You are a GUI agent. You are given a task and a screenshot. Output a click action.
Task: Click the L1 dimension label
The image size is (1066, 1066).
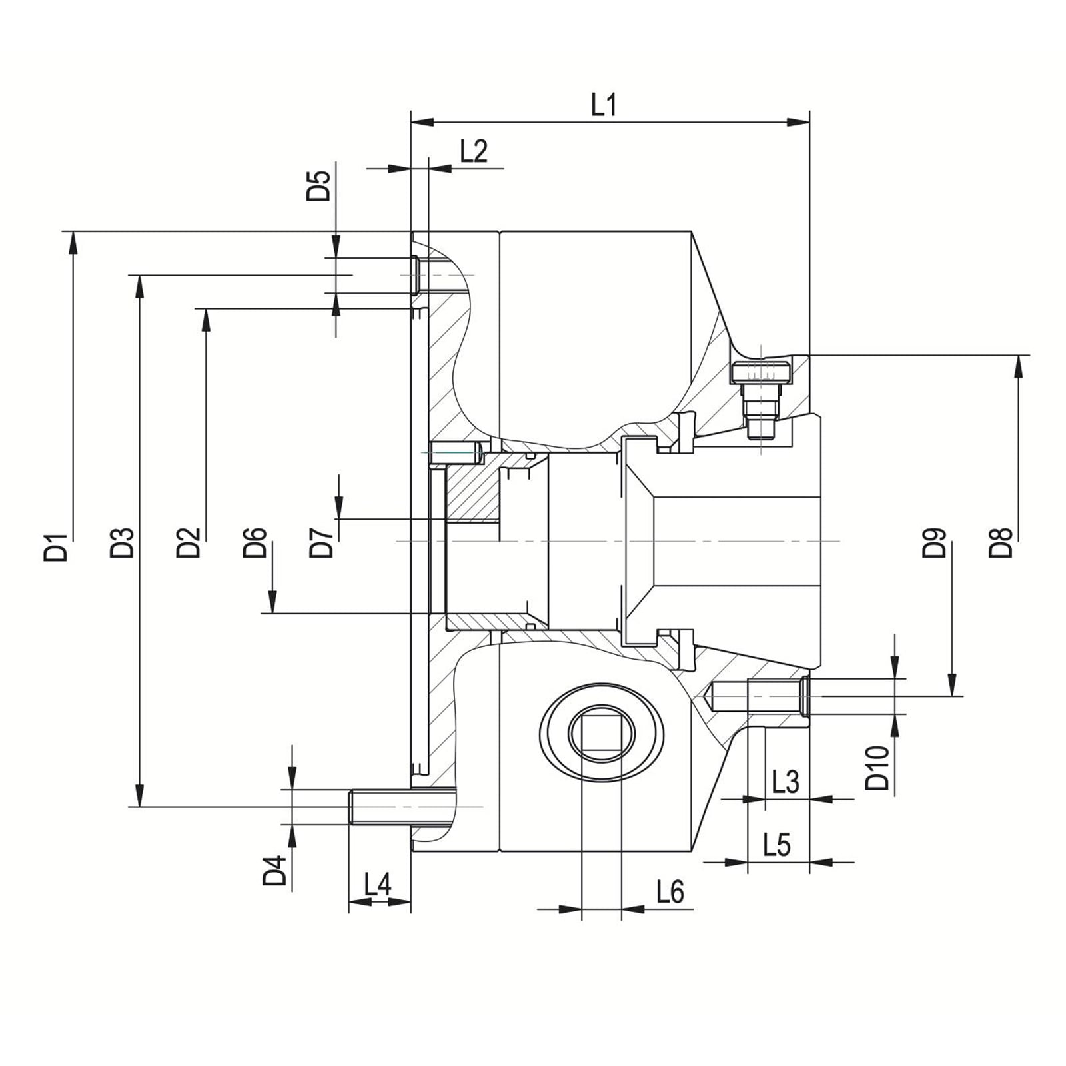604,105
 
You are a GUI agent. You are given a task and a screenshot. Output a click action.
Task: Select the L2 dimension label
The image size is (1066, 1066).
474,151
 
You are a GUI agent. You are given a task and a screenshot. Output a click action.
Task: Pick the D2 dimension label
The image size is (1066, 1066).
189,542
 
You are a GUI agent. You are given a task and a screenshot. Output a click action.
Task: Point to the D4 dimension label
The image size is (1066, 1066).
274,870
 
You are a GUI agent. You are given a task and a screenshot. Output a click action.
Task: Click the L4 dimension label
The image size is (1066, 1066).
378,885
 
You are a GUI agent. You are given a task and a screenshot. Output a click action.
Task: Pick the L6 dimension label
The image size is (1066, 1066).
670,891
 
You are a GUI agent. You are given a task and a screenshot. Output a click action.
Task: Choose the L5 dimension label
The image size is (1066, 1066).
776,845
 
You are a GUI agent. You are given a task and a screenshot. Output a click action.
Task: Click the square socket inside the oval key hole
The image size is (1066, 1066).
602,733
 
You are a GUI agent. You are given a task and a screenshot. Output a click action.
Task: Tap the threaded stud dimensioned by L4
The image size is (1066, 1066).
380,806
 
